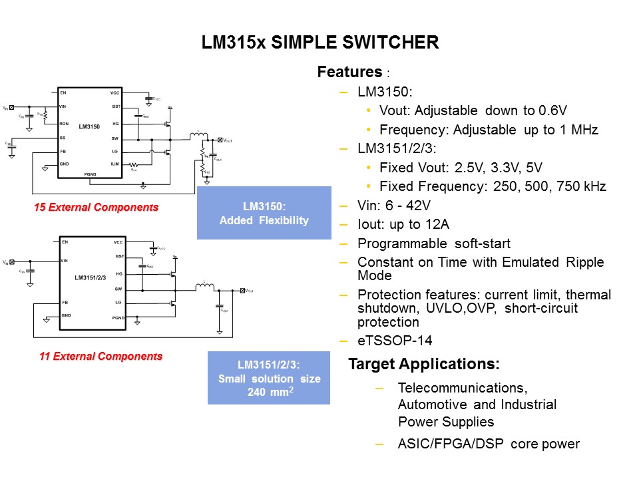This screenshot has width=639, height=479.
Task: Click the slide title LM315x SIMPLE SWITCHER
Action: pos(320,43)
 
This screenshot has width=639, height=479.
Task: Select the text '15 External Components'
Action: pos(97,208)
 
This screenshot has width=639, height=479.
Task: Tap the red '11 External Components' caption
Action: pos(101,357)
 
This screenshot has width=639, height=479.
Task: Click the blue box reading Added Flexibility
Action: pos(264,213)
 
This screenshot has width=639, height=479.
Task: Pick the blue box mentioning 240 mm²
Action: pos(269,378)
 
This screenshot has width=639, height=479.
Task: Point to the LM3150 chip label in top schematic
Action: pos(89,126)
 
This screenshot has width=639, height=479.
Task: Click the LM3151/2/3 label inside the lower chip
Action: pos(91,278)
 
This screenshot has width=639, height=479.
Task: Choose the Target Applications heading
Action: pos(424,365)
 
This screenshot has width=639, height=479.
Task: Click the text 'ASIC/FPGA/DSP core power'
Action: pos(489,444)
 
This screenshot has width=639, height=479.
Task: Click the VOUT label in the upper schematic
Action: pos(228,140)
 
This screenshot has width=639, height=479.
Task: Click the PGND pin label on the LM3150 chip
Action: pos(91,174)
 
